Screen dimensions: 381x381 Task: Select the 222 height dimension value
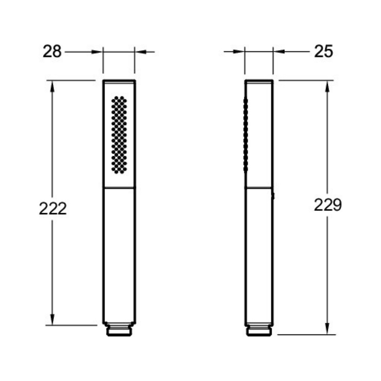pyautogui.click(x=53, y=209)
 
